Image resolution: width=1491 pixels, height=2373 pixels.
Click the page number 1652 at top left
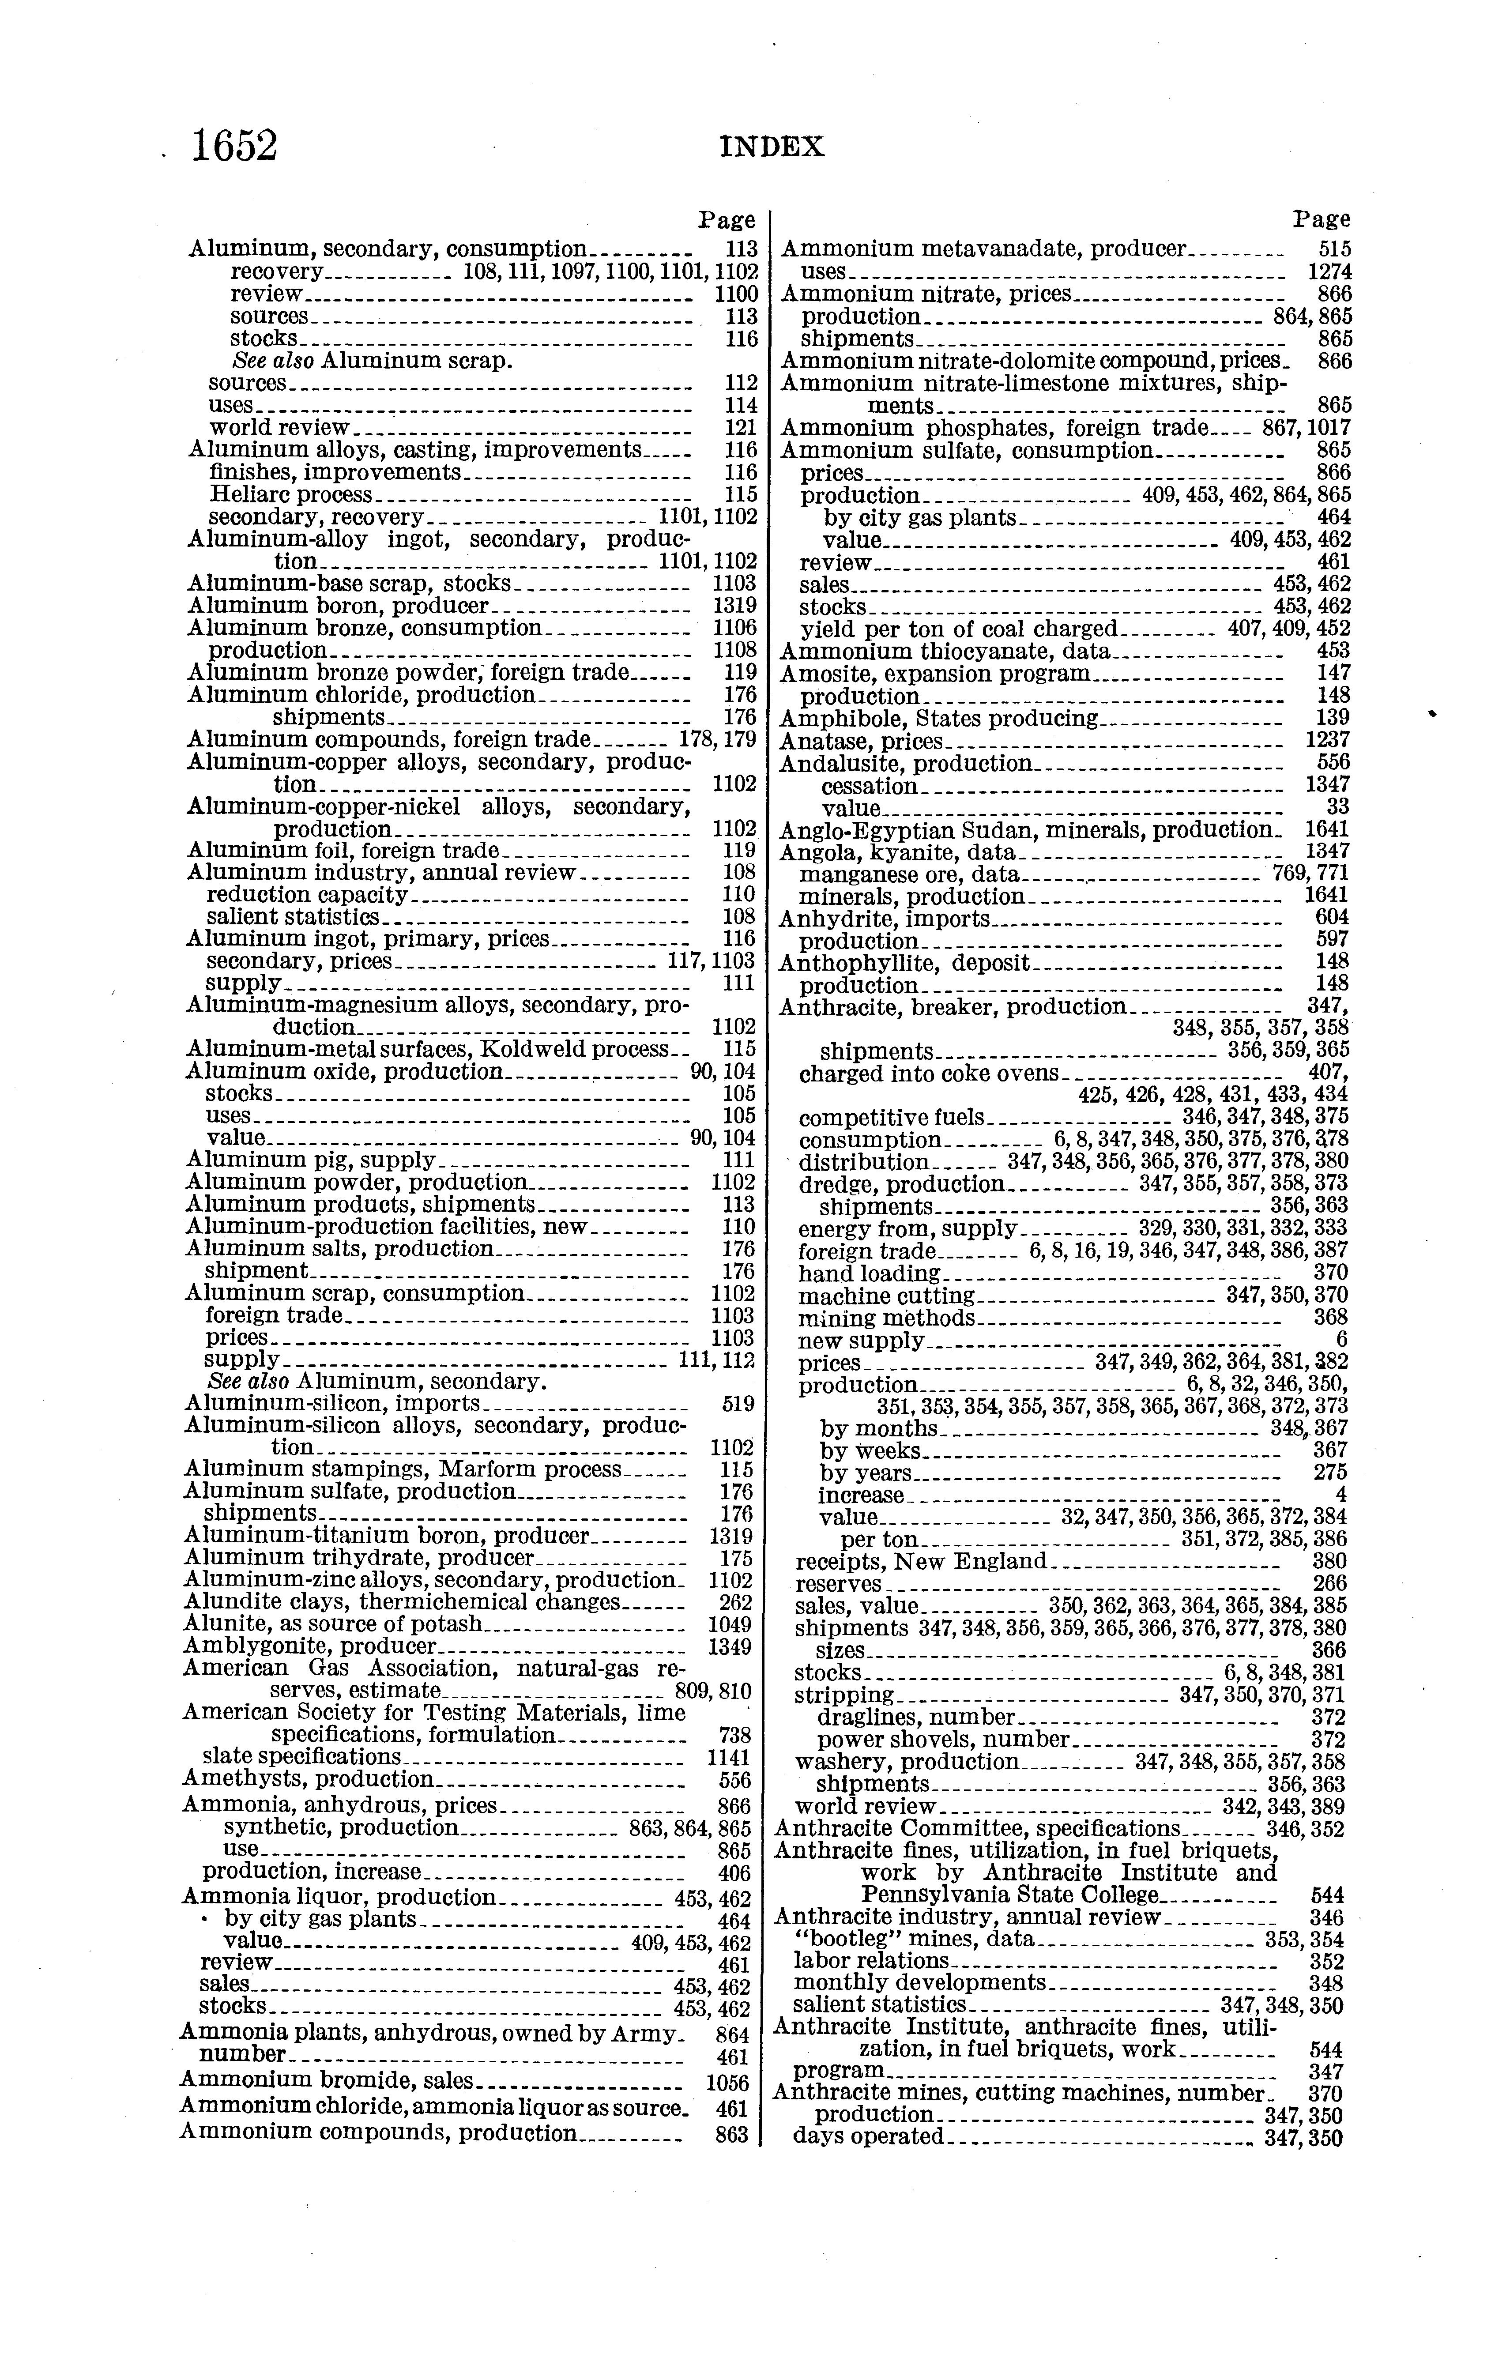click(234, 146)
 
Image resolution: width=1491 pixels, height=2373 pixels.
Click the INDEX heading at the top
click(772, 148)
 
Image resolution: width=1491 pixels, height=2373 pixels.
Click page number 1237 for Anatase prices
click(1326, 740)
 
